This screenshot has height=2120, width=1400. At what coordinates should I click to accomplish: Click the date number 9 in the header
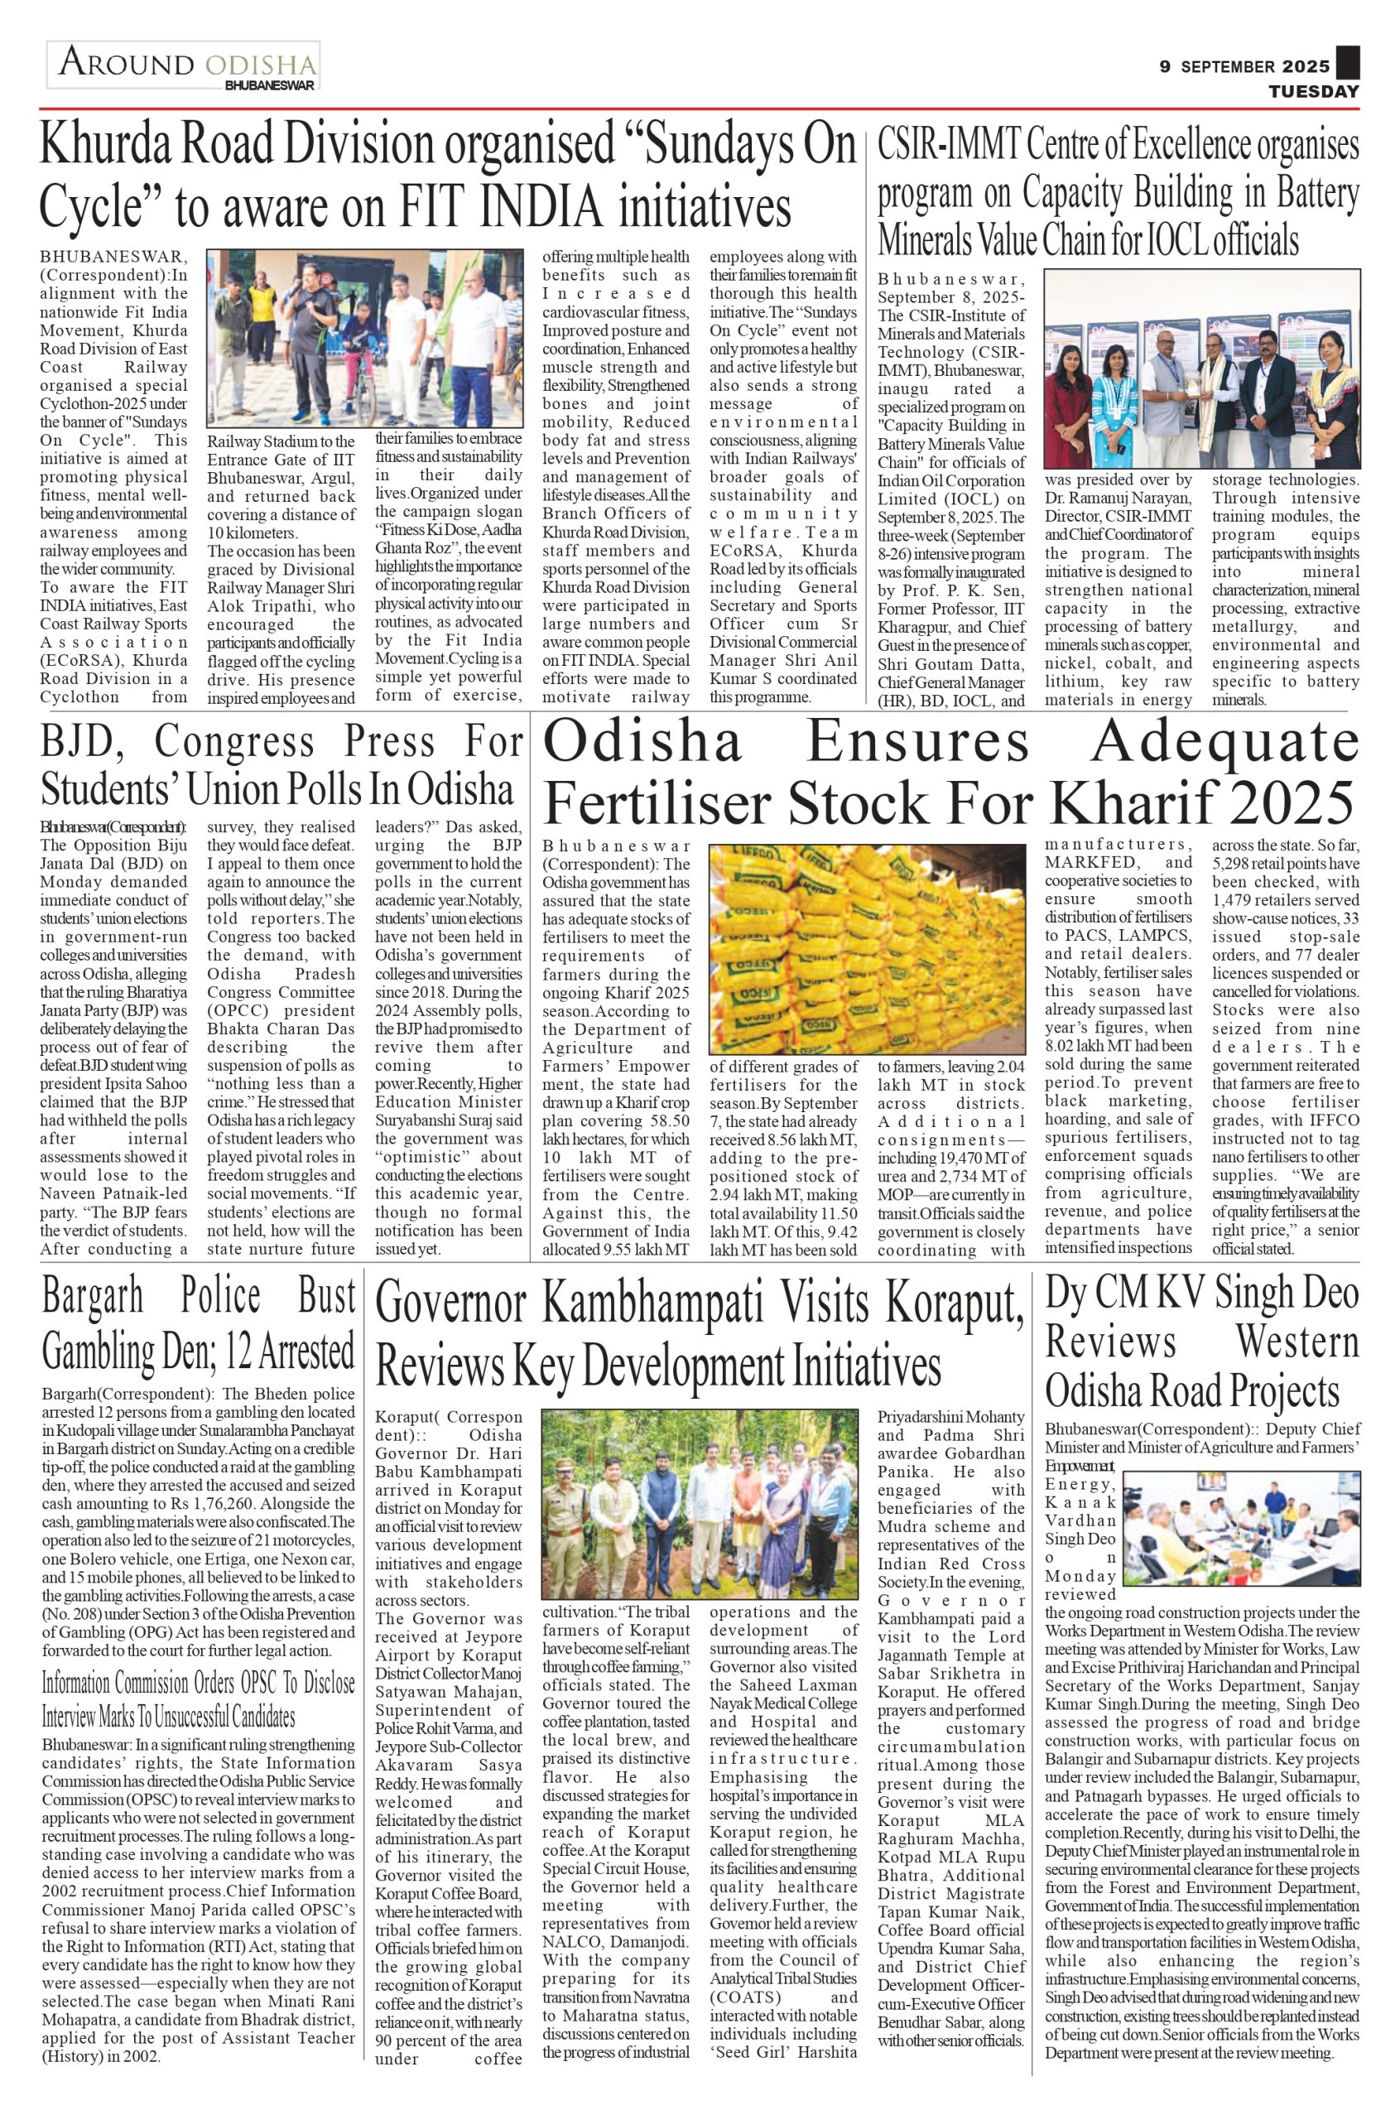pos(1165,67)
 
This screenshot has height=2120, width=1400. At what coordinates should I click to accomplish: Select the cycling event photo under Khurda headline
pos(364,338)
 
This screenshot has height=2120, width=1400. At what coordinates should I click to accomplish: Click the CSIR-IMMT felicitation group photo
pos(1202,369)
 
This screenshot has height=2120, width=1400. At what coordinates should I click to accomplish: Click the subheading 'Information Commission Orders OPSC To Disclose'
pos(198,1684)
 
